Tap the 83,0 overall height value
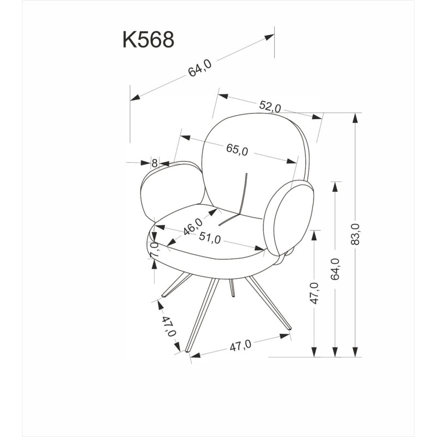356,234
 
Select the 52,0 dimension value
270,106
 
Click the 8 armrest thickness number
155,163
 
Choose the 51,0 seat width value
210,239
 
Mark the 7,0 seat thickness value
155,250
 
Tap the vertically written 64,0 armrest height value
335,269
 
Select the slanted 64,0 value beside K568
200,69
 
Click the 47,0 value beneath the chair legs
240,345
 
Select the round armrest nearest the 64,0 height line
294,218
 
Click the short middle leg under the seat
232,287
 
